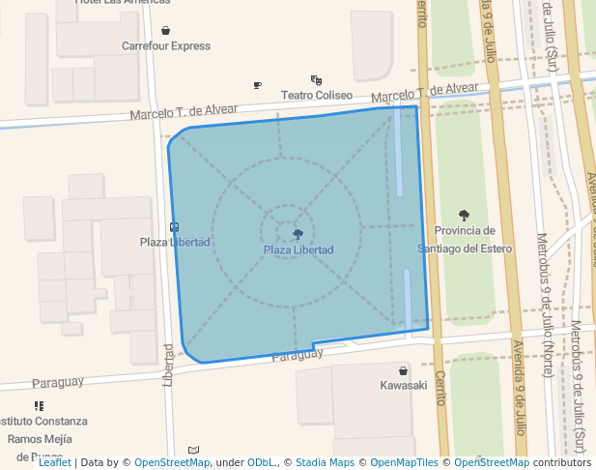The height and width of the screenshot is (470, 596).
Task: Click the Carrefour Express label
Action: [x=166, y=45]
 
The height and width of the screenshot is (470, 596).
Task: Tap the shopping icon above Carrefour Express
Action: [x=166, y=31]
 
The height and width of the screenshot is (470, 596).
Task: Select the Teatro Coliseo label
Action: [x=317, y=95]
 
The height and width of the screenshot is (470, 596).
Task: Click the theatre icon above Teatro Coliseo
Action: [x=316, y=80]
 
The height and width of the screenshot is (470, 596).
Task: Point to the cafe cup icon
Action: [x=257, y=86]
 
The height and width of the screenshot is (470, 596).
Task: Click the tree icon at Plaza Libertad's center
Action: [x=298, y=234]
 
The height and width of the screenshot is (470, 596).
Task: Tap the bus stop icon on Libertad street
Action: [x=174, y=227]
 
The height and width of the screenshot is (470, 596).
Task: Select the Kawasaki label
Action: [x=403, y=385]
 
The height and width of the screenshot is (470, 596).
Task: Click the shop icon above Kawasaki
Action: [x=403, y=370]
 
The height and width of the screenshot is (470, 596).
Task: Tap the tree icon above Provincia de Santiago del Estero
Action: [x=465, y=216]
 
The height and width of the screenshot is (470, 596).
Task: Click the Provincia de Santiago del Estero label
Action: [x=465, y=239]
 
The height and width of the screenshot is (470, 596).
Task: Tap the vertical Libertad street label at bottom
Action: [x=168, y=363]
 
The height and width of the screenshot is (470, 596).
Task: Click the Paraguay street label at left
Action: [x=58, y=383]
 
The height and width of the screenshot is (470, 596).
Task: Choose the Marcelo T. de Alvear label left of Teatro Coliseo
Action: [x=184, y=113]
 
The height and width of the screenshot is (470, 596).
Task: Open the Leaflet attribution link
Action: [x=54, y=462]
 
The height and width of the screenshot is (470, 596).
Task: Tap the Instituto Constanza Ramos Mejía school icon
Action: [x=39, y=406]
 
